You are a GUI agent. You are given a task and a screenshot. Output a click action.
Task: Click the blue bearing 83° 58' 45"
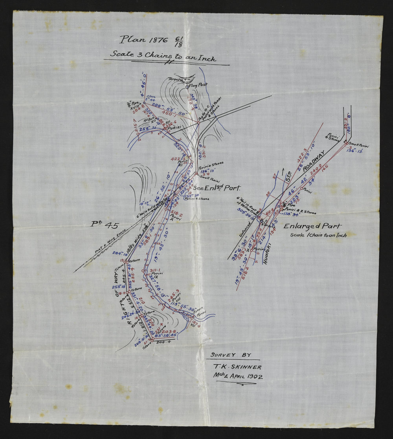tap(165, 335)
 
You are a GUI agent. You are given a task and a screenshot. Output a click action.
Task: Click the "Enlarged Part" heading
tap(312, 226)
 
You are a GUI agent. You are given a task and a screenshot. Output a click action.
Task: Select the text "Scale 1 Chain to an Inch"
tap(318, 235)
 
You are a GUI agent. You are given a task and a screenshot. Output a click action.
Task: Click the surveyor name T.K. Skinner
tap(237, 367)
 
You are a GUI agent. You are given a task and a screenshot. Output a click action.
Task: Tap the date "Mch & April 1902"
tap(238, 377)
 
